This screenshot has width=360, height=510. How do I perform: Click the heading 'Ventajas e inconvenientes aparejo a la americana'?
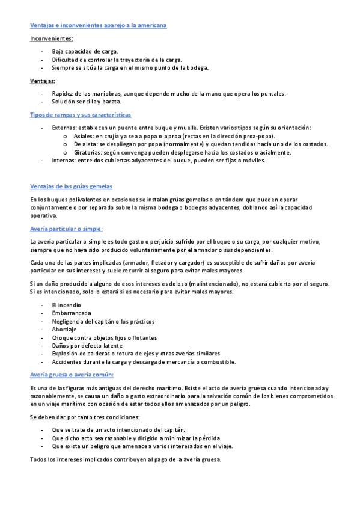[x=99, y=25]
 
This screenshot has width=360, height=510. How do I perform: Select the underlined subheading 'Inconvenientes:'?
[x=52, y=38]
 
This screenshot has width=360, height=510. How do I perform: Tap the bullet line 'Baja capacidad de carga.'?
[x=85, y=51]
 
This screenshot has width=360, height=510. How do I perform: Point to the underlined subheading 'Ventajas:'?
[x=43, y=81]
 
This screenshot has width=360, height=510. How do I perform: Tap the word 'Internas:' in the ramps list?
[x=64, y=161]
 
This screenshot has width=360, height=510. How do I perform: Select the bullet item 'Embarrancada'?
[x=72, y=313]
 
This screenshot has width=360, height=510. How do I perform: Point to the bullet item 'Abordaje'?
[x=65, y=330]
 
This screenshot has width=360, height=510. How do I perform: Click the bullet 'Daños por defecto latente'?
[x=87, y=346]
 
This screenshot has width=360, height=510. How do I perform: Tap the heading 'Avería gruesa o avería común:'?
[x=72, y=375]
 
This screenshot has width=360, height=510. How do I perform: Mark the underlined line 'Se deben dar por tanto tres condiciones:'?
[x=85, y=417]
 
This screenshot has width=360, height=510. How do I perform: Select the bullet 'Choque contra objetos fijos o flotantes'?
[x=104, y=337]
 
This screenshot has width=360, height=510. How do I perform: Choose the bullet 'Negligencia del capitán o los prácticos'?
[x=103, y=321]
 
